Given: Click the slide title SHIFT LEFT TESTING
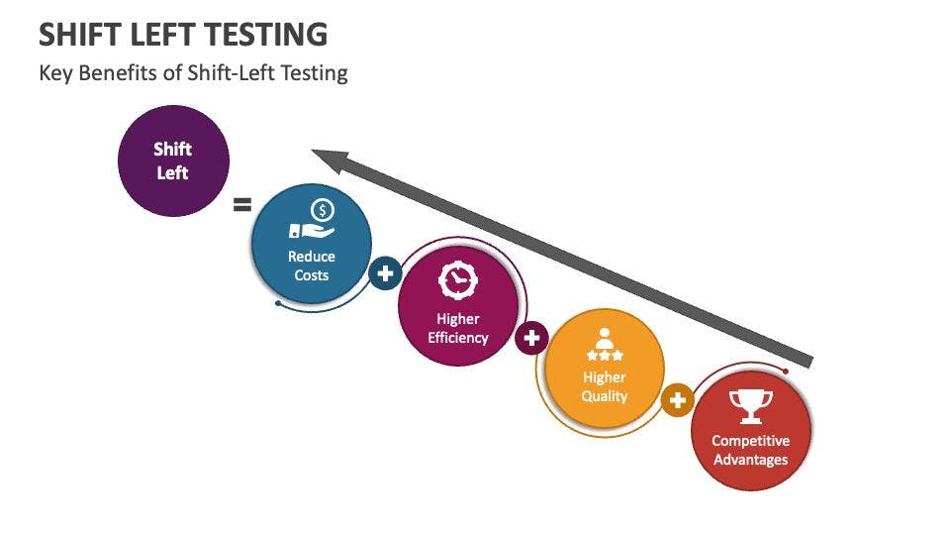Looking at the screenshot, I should pos(183,35).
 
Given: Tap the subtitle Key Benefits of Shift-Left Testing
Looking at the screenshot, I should pos(193,73).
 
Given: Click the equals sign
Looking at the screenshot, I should pos(241,205).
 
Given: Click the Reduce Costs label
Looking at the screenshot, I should pos(312,266).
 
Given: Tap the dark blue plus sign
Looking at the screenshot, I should pos(385,272).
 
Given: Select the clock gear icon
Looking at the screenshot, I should pos(457,281).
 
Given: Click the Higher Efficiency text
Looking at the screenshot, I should pos(457,328).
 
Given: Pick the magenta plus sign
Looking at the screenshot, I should pos(532,338).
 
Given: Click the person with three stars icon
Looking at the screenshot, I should pos(604,345).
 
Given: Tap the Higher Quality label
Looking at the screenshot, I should pos(604,386).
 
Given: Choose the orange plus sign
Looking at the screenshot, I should pos(678,400).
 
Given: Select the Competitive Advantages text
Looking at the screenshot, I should pos(750,450).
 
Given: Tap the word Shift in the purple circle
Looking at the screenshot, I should pos(173,150).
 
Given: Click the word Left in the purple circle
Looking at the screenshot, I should pos(173,172).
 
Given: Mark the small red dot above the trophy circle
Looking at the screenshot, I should pos(786,372).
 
